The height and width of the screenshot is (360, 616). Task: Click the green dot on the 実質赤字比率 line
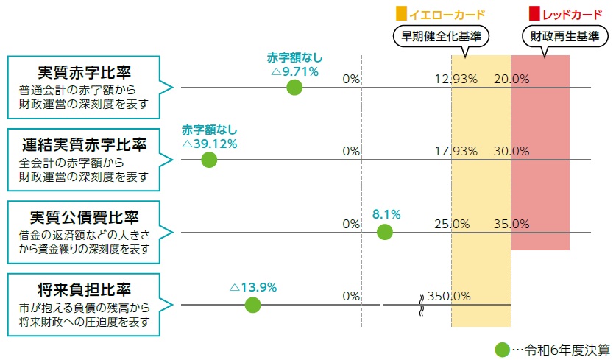(294, 88)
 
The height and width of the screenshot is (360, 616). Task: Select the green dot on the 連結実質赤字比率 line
(209, 160)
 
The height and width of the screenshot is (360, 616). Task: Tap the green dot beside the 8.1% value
(384, 233)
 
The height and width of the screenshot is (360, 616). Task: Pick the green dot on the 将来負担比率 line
(252, 305)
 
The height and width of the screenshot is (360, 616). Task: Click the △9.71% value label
(294, 71)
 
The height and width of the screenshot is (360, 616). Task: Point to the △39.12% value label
(209, 144)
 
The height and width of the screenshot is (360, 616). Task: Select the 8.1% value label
(386, 215)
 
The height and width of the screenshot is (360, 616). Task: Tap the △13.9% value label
(253, 287)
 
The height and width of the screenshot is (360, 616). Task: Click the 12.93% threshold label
(456, 79)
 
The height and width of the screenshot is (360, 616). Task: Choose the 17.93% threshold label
(456, 151)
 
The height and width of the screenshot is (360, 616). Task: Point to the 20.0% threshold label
(511, 79)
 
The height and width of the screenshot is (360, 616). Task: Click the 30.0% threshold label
(511, 151)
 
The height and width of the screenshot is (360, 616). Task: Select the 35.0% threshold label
(511, 223)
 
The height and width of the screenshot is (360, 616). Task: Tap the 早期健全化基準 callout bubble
(440, 35)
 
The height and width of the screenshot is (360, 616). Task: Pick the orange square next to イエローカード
(401, 14)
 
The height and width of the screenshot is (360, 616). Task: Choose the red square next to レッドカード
(535, 14)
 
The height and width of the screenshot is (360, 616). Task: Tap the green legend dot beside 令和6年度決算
(502, 350)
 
